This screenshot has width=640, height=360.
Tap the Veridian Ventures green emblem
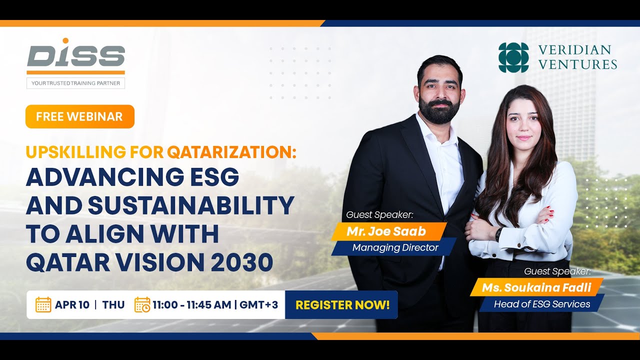pyautogui.click(x=513, y=57)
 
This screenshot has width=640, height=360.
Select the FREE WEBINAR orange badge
pyautogui.click(x=79, y=116)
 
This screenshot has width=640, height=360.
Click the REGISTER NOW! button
pyautogui.click(x=342, y=305)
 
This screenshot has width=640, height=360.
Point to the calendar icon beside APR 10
pyautogui.click(x=43, y=304)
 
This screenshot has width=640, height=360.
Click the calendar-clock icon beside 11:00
pyautogui.click(x=142, y=304)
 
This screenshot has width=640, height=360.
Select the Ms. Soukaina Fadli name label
pyautogui.click(x=536, y=288)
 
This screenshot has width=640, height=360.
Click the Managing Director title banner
pyautogui.click(x=395, y=247)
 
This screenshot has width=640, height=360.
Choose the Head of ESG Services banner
pyautogui.click(x=542, y=304)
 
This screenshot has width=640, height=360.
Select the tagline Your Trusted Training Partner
pyautogui.click(x=75, y=83)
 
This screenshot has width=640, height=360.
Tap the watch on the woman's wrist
pyautogui.click(x=498, y=234)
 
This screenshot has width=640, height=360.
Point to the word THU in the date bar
pyautogui.click(x=113, y=305)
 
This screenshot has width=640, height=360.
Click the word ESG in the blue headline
pyautogui.click(x=209, y=177)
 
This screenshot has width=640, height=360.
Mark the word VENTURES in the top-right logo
pyautogui.click(x=577, y=64)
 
